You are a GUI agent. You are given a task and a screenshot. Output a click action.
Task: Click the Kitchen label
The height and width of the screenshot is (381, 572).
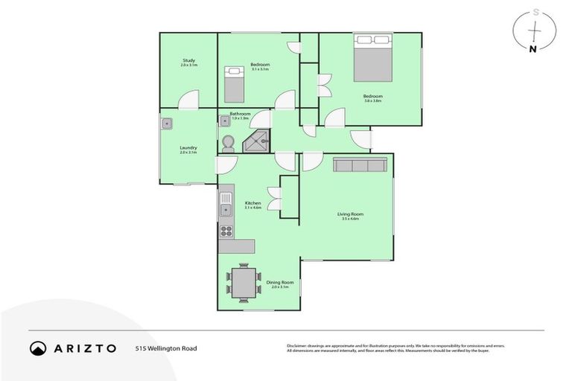(x=252, y=205)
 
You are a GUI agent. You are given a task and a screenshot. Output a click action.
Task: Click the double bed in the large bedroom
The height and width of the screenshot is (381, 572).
(x=372, y=57)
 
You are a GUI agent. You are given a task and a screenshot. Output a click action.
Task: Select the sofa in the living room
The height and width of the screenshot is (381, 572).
(x=359, y=164)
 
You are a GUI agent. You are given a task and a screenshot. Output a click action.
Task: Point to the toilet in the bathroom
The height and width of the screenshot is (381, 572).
(x=228, y=144)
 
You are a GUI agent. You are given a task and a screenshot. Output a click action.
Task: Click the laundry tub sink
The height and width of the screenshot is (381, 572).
(x=168, y=124)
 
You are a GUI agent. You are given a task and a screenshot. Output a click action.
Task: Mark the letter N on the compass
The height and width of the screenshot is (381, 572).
(x=532, y=50)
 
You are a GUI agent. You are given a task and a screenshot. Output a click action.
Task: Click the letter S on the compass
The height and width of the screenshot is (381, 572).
(x=533, y=12)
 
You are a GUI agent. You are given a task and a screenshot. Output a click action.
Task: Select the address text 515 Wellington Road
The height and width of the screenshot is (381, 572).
(x=166, y=348)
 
